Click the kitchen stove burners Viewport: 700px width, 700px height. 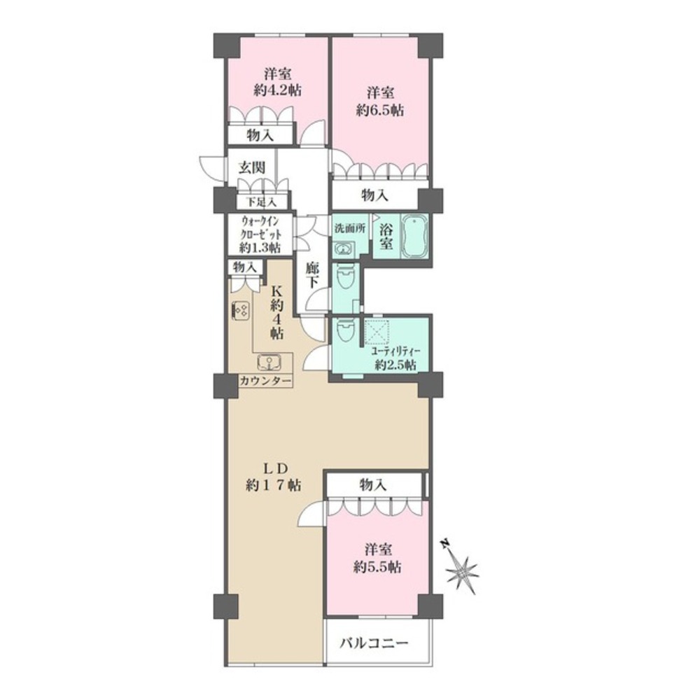(x=239, y=309)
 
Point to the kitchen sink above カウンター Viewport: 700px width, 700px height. (x=269, y=363)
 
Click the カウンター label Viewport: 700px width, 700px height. (x=266, y=381)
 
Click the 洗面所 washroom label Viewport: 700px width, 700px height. (x=349, y=228)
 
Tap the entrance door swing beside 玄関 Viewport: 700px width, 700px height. (x=210, y=165)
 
